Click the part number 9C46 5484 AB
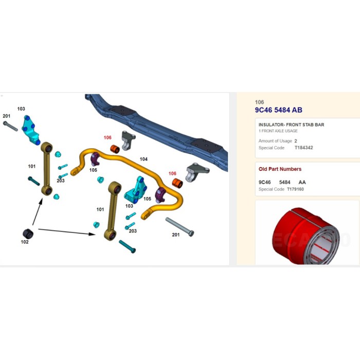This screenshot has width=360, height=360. (279, 110)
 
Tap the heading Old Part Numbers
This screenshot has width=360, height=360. (280, 169)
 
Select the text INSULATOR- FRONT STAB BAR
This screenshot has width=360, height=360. (292, 124)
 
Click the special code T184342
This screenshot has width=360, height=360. (304, 148)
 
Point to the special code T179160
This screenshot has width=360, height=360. (295, 189)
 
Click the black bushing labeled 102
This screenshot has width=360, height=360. (28, 233)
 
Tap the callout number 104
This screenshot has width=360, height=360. (143, 159)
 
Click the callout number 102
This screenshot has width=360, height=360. (25, 242)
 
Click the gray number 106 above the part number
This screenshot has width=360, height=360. (259, 102)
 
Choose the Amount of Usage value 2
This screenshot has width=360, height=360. (296, 141)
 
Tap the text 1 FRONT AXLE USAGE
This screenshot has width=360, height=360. (278, 131)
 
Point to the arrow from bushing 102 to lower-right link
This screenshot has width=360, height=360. (67, 231)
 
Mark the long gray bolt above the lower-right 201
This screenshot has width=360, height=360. (180, 227)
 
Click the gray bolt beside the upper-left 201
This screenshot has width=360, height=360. (11, 127)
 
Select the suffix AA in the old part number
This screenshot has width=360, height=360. (302, 182)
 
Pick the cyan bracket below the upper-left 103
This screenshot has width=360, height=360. (31, 130)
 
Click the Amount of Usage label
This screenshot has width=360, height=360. (275, 141)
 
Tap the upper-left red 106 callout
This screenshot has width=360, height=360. (107, 137)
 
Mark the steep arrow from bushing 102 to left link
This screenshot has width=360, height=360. (38, 212)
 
